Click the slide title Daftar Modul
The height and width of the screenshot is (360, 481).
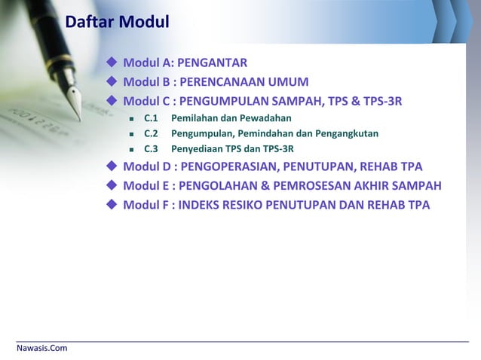(x=117, y=23)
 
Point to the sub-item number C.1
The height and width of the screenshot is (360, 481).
(x=151, y=118)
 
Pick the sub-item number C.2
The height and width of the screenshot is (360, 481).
(x=151, y=134)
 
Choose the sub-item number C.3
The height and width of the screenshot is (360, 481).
(x=151, y=149)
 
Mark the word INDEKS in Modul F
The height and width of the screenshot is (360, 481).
(x=199, y=206)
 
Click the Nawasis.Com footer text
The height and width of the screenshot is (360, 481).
(x=42, y=348)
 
